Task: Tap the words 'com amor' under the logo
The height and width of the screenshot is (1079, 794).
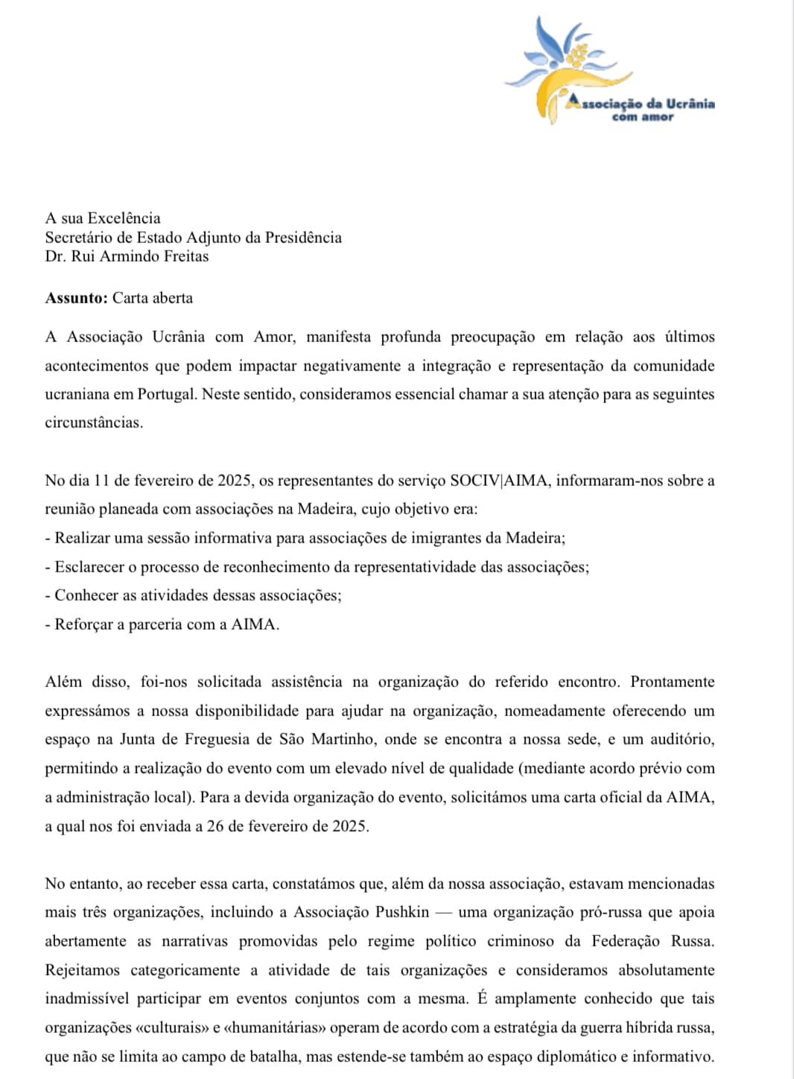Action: [642, 117]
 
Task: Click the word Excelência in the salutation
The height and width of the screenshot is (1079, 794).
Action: [124, 218]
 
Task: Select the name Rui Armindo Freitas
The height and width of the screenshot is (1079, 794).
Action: [140, 256]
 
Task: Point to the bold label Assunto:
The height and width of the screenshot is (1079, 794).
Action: [76, 298]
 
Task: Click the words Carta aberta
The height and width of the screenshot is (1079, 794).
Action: [153, 298]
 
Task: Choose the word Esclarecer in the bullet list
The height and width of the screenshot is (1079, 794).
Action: [89, 567]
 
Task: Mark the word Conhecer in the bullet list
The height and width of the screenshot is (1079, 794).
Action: [86, 595]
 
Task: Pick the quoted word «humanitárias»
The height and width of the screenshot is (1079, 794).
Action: [276, 1028]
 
